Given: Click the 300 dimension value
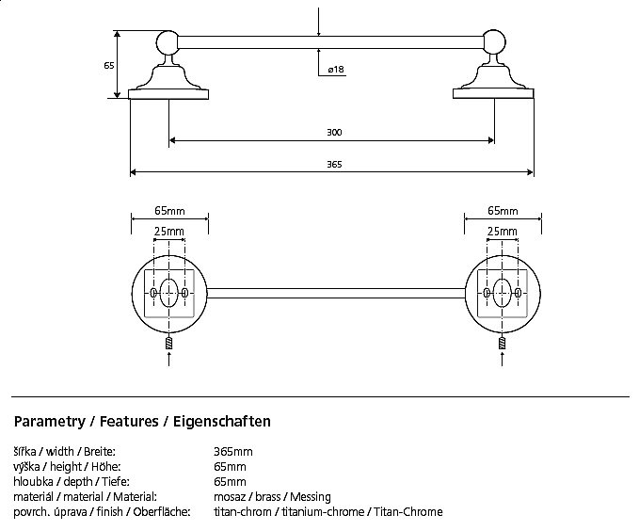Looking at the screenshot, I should (x=334, y=132).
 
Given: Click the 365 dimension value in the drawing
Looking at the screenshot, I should (x=334, y=164).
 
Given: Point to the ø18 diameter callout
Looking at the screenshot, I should (x=336, y=71).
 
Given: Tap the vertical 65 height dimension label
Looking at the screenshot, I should (x=109, y=65).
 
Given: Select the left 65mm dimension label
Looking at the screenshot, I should (x=169, y=211).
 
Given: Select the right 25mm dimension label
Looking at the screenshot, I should (x=502, y=232).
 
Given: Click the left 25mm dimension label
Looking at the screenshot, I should (x=169, y=232).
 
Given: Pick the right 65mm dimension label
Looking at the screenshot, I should (x=503, y=211).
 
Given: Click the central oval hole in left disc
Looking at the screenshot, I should (x=169, y=293).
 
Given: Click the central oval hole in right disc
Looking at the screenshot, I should (x=502, y=293).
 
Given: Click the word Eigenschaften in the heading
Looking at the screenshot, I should (x=223, y=422).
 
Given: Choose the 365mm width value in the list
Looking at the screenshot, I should (x=233, y=452).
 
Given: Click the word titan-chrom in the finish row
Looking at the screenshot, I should (x=242, y=511).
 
